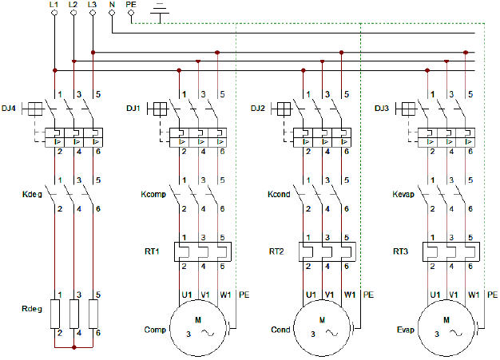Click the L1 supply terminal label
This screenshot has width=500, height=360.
point(54,5)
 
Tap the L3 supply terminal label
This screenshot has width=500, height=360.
point(93,5)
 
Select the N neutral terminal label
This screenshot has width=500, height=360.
point(112,5)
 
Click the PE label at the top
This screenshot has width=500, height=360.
point(131,5)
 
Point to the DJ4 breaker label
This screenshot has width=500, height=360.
point(10,108)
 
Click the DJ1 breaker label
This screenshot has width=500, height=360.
point(133,108)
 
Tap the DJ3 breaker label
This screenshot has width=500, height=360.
point(382,108)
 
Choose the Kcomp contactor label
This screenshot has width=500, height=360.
point(153,194)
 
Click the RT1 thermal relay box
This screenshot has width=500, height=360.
point(203,252)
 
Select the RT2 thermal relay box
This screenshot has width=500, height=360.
point(327,252)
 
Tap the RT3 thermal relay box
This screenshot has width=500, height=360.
point(452,252)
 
